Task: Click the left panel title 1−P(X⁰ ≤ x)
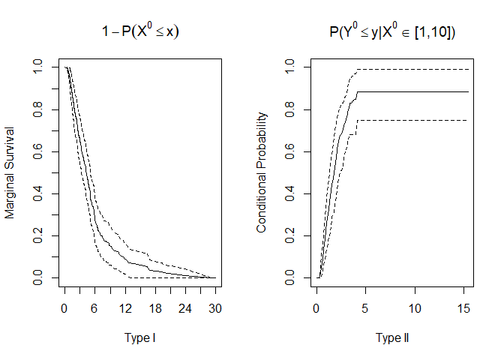click(140, 32)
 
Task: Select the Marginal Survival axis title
click(10, 172)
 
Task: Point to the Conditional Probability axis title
click(262, 172)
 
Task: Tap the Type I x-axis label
click(140, 337)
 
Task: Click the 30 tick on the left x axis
click(215, 307)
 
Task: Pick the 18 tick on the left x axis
click(155, 307)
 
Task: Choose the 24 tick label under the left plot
click(185, 307)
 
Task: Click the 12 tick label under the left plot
click(125, 307)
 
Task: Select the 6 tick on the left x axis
click(94, 307)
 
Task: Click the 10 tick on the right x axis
click(415, 307)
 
